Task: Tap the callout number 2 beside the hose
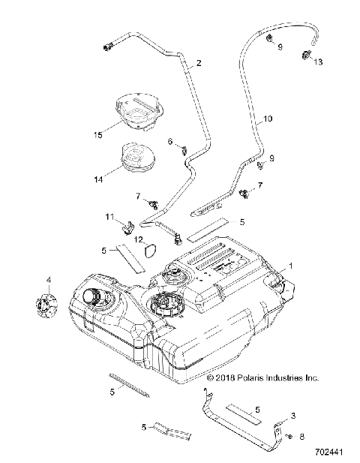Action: pos(199,64)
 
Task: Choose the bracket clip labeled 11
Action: pos(128,223)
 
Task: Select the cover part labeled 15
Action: pos(137,108)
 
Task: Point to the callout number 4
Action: pos(49,280)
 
